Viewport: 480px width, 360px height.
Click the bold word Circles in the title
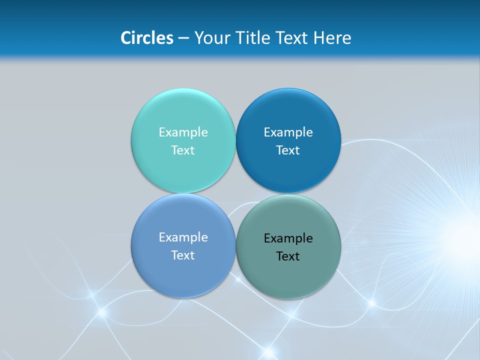[147, 38]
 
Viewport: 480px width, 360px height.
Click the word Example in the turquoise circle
[183, 132]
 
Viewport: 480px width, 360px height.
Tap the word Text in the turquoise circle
[183, 150]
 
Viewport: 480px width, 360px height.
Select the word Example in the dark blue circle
[288, 132]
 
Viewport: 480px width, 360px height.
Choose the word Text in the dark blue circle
[288, 150]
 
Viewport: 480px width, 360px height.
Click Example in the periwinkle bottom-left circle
[183, 237]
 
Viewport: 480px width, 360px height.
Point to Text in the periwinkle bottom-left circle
[183, 255]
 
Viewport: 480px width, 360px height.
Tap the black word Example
[288, 238]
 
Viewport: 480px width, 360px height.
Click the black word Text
[288, 256]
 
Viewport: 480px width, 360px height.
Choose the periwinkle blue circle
[183, 275]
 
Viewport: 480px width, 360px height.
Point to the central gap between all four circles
[235, 193]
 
